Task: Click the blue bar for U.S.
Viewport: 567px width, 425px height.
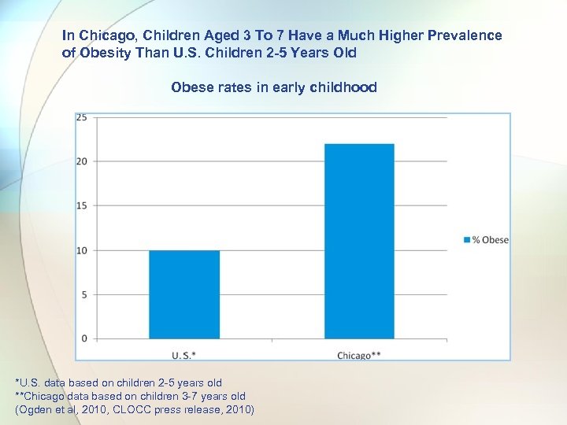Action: point(184,294)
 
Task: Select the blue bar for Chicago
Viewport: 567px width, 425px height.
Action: point(359,241)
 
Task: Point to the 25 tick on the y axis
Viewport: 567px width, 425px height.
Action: point(81,117)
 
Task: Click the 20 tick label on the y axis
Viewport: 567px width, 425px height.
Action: point(81,161)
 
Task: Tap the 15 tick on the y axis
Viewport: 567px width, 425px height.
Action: point(81,206)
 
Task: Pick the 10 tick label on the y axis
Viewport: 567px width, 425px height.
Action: point(81,250)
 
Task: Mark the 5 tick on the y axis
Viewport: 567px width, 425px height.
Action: point(83,295)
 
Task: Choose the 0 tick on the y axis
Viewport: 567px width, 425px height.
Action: point(83,339)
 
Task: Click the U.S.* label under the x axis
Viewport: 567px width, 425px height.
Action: point(184,355)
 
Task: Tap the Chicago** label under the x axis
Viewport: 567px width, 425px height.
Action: point(359,355)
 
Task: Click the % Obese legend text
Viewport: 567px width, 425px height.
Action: point(490,240)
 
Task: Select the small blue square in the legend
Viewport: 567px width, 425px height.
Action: point(466,240)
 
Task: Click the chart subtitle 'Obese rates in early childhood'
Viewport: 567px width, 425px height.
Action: point(274,87)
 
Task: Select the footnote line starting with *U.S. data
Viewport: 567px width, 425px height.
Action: point(119,383)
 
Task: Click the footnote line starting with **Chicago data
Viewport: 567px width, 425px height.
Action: point(131,397)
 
